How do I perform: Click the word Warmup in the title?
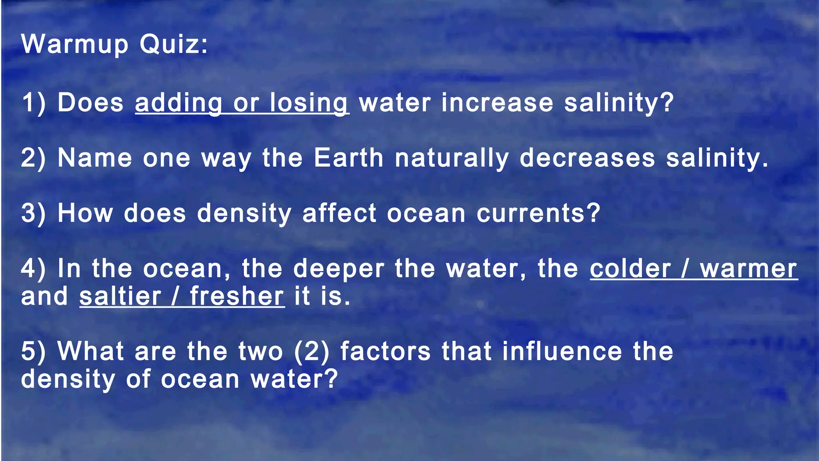click(x=74, y=44)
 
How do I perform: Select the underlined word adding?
click(x=178, y=103)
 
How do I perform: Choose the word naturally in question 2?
click(x=452, y=158)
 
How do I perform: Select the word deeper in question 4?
click(x=339, y=269)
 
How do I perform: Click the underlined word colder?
click(x=630, y=269)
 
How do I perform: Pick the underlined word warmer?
click(x=749, y=269)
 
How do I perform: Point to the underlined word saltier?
click(x=120, y=297)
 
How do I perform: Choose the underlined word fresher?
click(x=237, y=297)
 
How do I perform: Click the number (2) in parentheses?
click(x=312, y=352)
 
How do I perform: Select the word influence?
click(x=562, y=351)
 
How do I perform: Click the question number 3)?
click(x=34, y=213)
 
